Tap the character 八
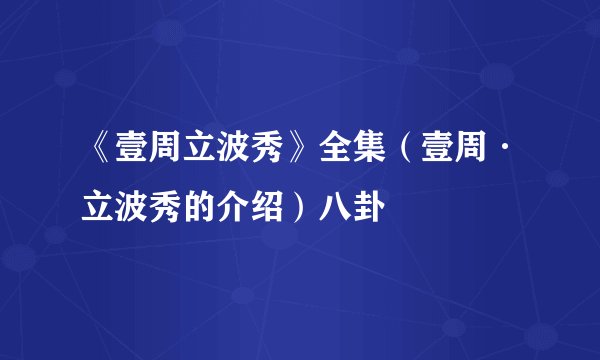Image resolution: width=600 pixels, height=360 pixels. [335, 207]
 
